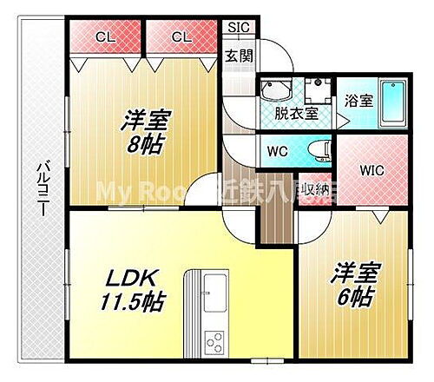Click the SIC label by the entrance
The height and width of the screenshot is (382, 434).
pyautogui.click(x=238, y=27)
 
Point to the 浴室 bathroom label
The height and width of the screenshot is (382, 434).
pyautogui.click(x=359, y=100)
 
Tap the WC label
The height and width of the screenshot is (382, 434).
pyautogui.click(x=278, y=151)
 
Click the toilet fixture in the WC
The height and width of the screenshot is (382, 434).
pyautogui.click(x=322, y=151)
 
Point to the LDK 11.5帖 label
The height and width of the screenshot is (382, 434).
pyautogui.click(x=131, y=290)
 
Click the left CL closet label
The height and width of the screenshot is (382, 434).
pyautogui.click(x=105, y=36)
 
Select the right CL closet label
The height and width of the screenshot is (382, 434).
pyautogui.click(x=181, y=36)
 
